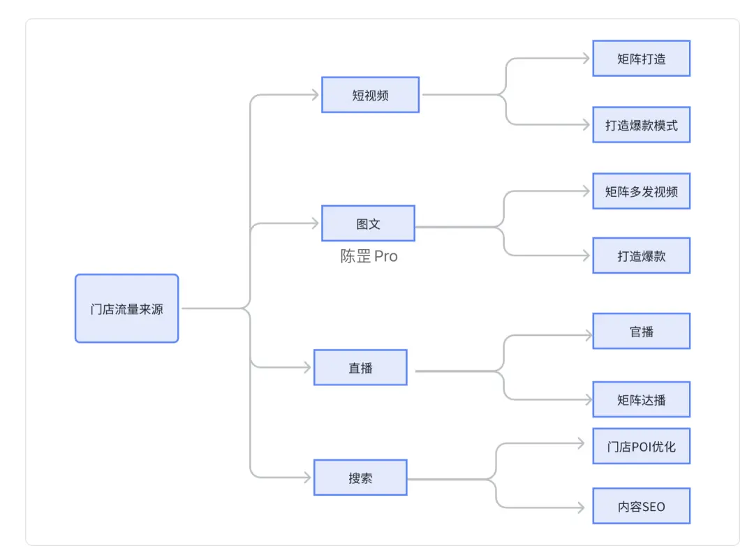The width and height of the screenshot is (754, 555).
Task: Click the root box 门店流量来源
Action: coord(126,308)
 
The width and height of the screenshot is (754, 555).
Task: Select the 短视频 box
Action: coord(370,95)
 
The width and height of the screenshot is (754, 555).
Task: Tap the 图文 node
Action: coord(368,223)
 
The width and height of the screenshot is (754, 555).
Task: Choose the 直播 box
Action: coord(360,367)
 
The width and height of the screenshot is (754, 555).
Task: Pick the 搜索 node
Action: coord(360,478)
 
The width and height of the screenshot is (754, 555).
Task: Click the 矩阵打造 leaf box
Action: coord(641,59)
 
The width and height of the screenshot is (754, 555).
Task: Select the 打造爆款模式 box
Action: coord(641,125)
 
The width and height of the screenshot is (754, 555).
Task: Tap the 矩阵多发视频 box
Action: coord(641,191)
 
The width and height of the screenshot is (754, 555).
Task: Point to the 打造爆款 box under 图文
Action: coord(641,256)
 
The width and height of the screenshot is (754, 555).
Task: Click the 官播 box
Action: coord(641,331)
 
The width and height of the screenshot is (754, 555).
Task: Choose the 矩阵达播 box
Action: coord(641,399)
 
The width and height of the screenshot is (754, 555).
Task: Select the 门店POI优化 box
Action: coord(641,446)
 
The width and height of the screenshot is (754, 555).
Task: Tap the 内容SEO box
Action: coord(641,506)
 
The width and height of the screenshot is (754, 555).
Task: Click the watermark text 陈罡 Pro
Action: coord(369,256)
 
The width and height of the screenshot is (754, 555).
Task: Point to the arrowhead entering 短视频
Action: coord(315,95)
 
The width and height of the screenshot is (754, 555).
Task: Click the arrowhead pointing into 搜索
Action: coord(307,478)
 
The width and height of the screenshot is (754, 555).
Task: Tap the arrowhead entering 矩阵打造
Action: coord(586,59)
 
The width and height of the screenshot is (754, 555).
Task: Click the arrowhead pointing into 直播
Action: coord(307,367)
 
